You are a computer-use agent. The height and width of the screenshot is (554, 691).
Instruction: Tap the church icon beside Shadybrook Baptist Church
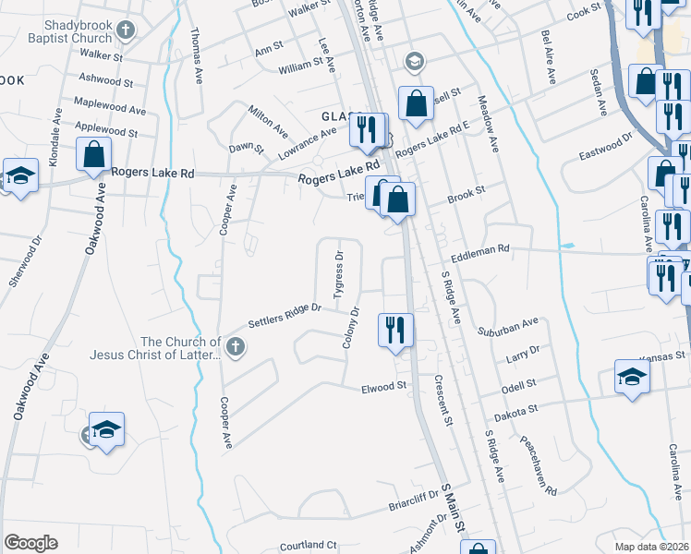(128, 30)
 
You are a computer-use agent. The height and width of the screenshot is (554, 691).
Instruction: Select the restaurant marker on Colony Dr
(396, 331)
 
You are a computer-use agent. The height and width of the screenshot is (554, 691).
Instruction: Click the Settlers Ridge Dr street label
(284, 315)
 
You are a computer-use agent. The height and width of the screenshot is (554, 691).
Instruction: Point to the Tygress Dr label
(338, 271)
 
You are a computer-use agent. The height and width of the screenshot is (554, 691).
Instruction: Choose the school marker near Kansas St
(633, 376)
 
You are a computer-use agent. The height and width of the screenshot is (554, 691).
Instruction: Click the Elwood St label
(384, 386)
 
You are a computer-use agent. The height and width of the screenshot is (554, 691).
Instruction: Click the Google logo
(30, 543)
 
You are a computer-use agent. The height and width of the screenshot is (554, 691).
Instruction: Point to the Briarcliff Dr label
(411, 508)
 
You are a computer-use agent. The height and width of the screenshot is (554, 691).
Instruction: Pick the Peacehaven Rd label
(535, 462)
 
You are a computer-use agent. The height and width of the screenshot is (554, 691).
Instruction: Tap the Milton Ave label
(268, 121)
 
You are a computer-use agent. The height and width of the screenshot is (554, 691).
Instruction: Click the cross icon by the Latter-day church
(236, 347)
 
